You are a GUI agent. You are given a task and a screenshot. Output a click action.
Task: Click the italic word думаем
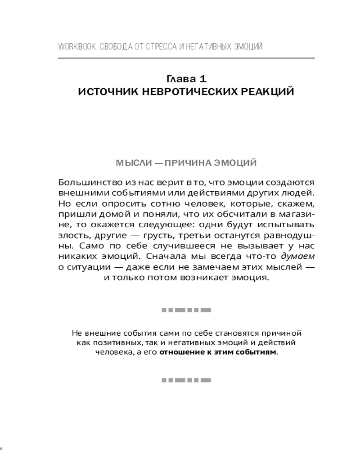tap(297, 257)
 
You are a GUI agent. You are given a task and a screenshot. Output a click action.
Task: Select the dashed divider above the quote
tap(186, 310)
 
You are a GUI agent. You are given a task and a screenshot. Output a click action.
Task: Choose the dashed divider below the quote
tap(186, 380)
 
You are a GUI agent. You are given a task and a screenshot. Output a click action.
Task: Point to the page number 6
tap(2, 448)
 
